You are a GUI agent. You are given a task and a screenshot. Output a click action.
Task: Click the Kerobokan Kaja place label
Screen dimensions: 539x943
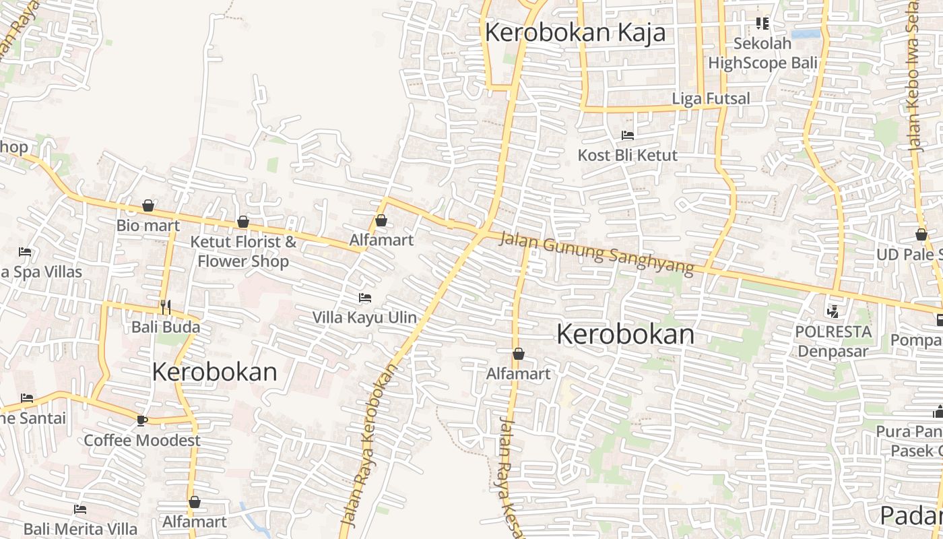(x=575, y=32)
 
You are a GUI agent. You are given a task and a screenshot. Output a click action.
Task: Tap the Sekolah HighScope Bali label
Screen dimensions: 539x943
(x=762, y=53)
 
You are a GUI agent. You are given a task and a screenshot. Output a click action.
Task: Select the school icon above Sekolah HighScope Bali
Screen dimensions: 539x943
(x=762, y=24)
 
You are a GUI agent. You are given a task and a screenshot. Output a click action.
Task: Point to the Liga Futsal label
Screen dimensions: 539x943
(x=711, y=98)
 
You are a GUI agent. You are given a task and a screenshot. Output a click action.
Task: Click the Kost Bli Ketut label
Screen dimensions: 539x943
(x=627, y=155)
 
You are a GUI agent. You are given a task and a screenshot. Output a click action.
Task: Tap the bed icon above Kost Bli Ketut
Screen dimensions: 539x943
(x=628, y=135)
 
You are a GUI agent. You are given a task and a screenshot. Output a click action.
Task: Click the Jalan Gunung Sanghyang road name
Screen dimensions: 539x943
(x=596, y=253)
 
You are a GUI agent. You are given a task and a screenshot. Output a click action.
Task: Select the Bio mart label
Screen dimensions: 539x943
(x=148, y=225)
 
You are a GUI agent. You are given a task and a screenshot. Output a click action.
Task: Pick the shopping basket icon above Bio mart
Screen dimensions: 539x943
(x=148, y=205)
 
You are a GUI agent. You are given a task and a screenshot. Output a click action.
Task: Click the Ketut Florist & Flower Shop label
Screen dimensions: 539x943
(x=243, y=251)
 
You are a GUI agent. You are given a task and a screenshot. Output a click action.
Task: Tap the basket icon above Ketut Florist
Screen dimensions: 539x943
(x=243, y=222)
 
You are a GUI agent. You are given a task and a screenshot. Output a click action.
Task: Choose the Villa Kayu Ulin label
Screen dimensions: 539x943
(x=364, y=317)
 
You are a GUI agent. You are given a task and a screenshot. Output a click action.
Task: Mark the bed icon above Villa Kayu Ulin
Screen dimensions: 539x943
(x=365, y=297)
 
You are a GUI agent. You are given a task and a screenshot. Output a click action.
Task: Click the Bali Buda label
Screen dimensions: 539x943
(x=166, y=327)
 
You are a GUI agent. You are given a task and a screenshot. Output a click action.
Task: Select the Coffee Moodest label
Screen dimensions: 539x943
(x=142, y=441)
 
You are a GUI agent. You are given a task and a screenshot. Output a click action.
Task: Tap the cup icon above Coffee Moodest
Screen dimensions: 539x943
(x=141, y=420)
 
